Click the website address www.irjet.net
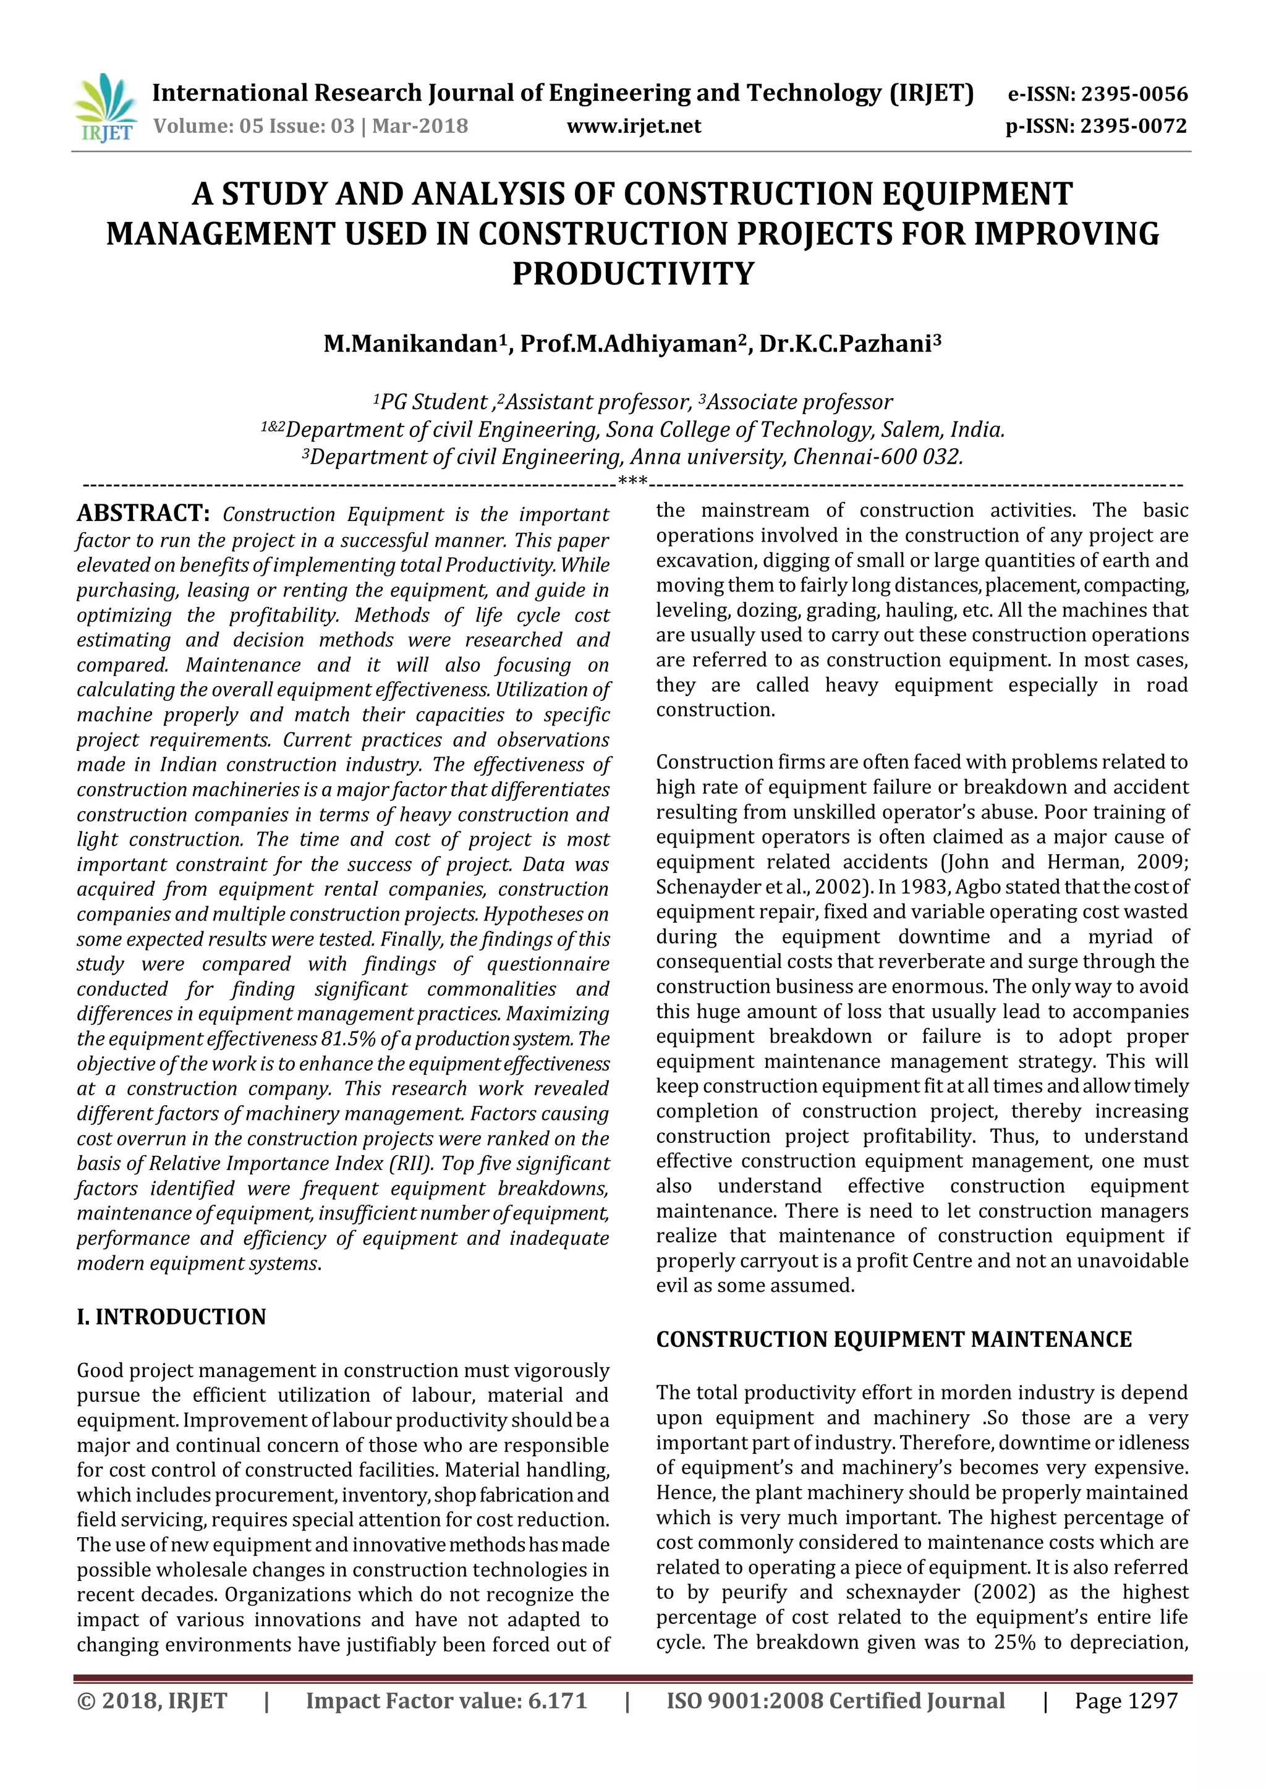(x=633, y=126)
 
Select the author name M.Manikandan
(x=411, y=344)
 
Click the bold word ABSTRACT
(x=143, y=514)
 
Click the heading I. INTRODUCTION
(x=171, y=1317)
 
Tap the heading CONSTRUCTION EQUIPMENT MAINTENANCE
(x=893, y=1339)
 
